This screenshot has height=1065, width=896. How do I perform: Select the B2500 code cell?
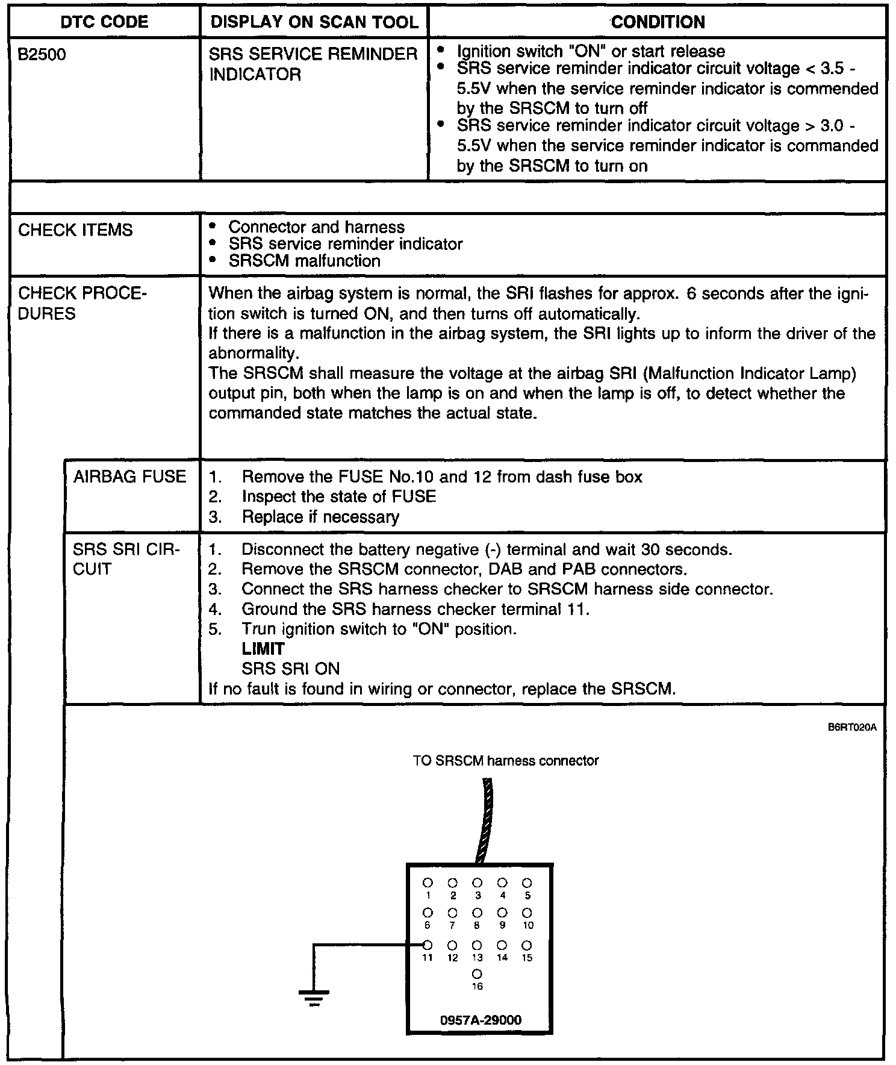click(42, 55)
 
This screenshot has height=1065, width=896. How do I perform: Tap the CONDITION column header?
click(658, 22)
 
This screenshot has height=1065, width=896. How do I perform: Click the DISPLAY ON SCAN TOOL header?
click(314, 22)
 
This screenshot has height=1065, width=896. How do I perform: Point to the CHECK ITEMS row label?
click(75, 230)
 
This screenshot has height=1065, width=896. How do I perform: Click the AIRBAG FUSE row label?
click(129, 476)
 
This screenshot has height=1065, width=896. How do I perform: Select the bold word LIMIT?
click(263, 649)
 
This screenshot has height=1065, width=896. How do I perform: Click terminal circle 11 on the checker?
click(428, 945)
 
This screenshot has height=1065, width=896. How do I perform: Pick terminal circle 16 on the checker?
click(477, 973)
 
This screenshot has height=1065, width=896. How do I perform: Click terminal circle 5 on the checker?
click(527, 882)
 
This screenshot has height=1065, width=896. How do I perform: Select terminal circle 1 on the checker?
click(428, 882)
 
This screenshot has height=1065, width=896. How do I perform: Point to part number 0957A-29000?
click(481, 1020)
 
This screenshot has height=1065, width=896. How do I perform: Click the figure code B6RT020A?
click(851, 728)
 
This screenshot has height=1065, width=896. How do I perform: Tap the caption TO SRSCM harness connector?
click(506, 761)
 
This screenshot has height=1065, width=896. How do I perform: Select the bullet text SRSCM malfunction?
click(304, 261)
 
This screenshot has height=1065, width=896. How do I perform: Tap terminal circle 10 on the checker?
click(527, 913)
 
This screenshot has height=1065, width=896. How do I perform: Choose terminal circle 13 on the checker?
click(477, 945)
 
